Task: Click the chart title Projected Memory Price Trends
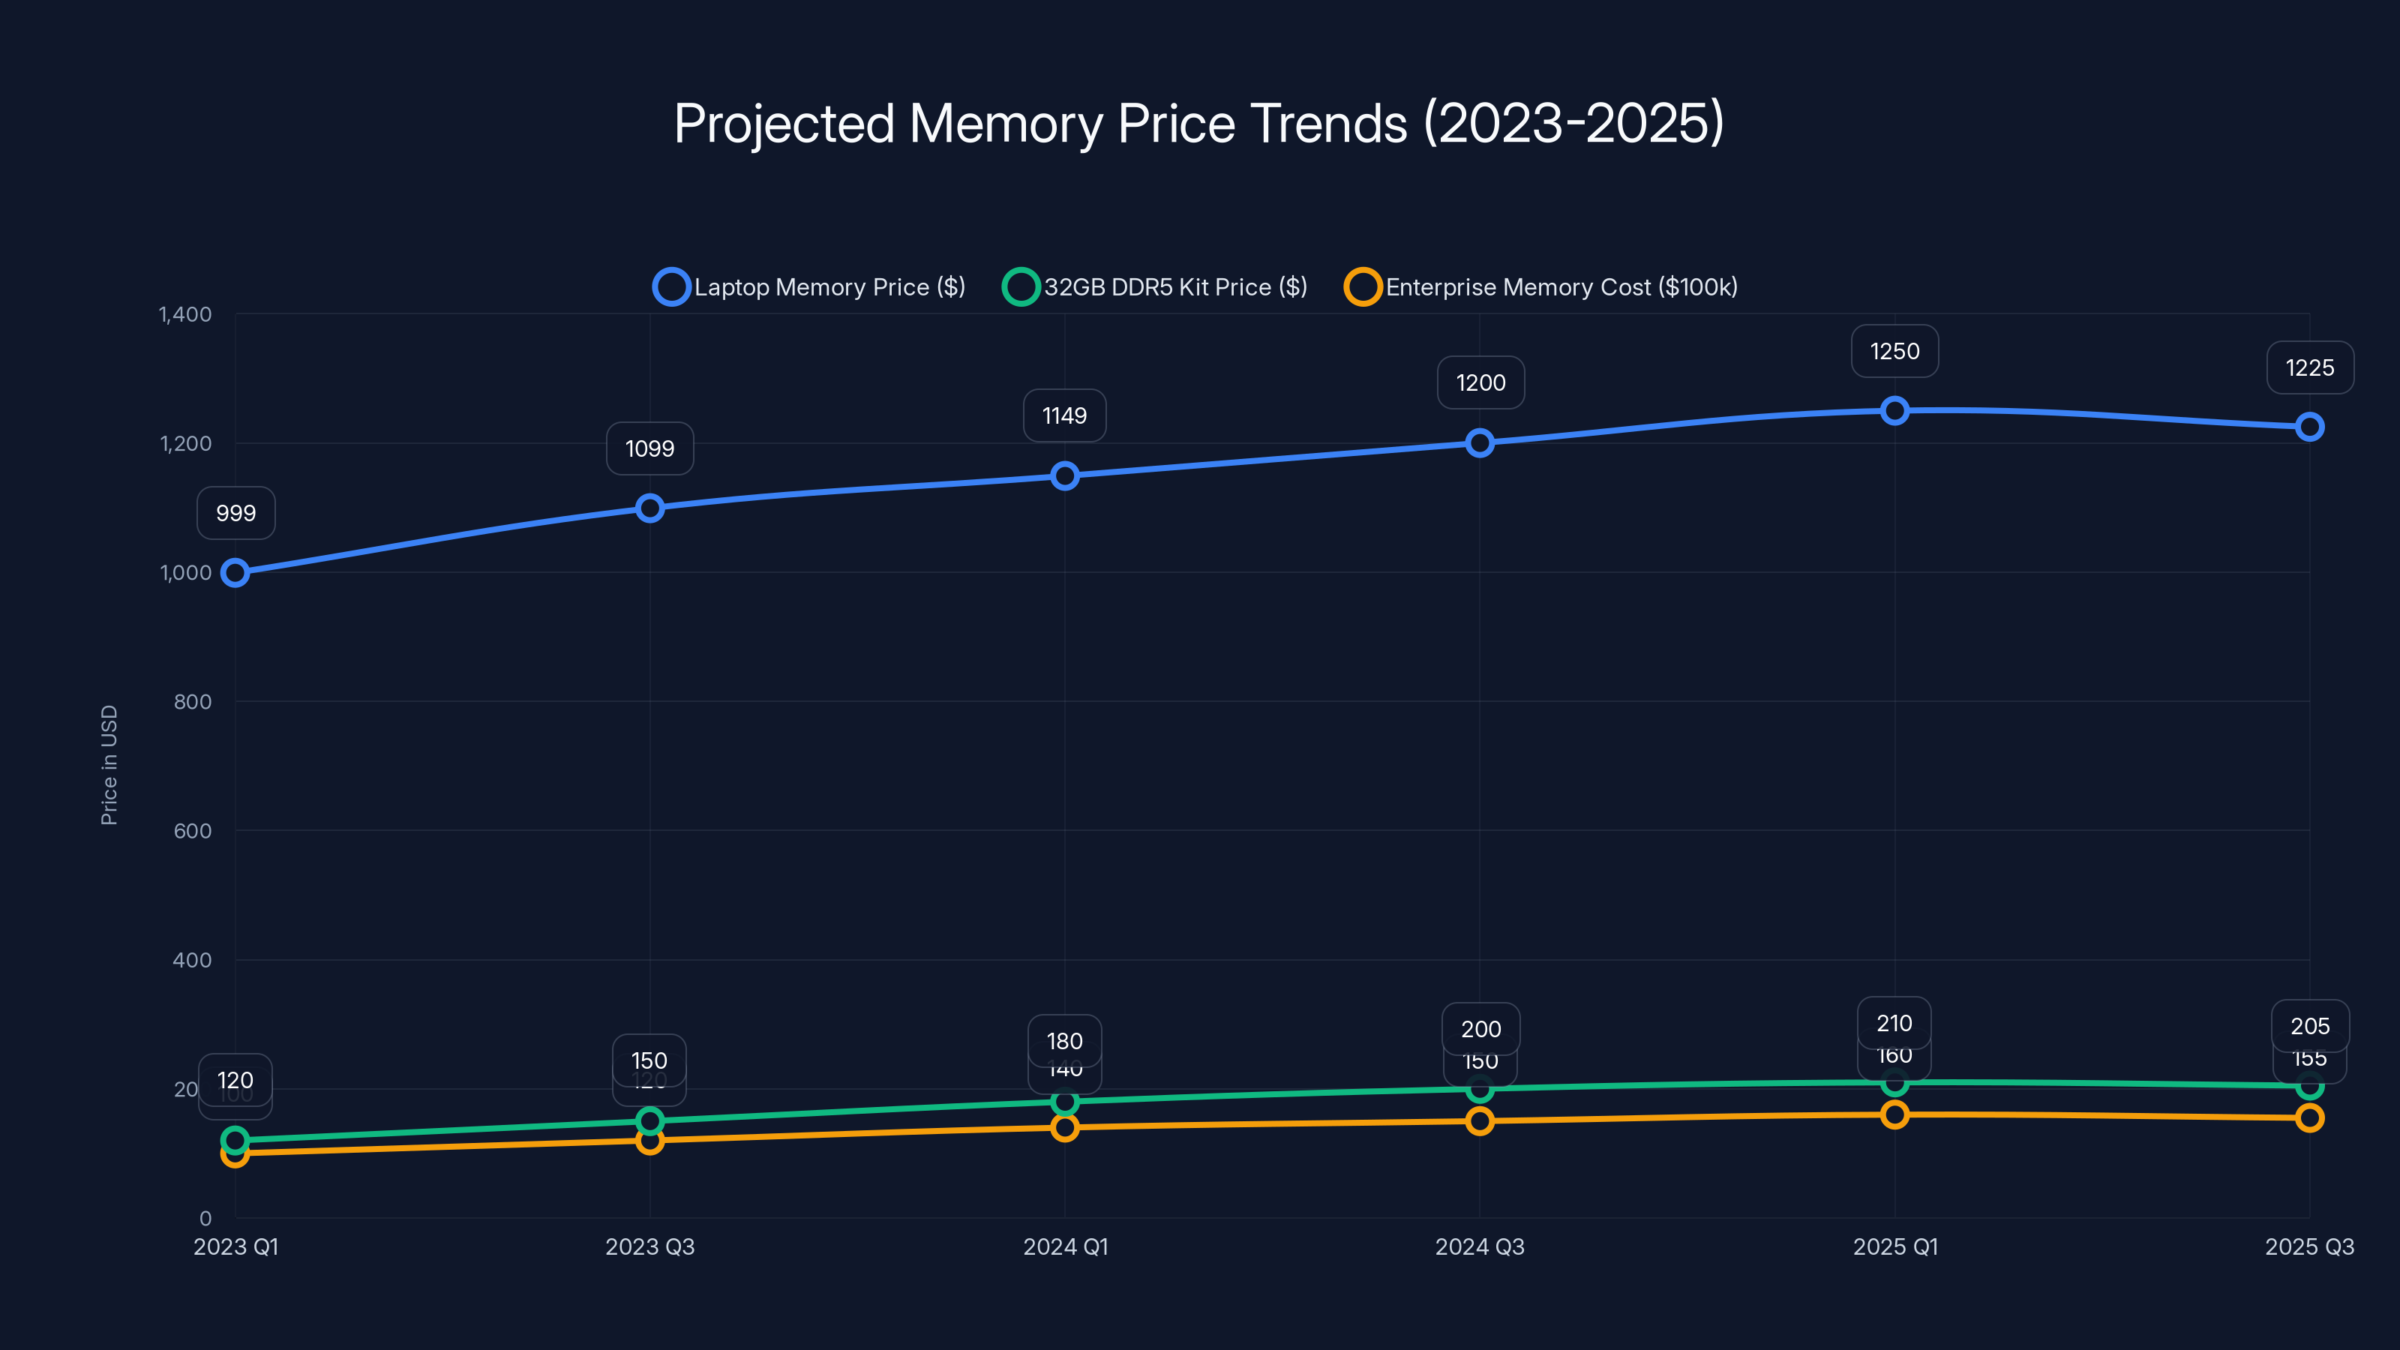(x=1199, y=124)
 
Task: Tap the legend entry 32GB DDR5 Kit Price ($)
(x=1155, y=287)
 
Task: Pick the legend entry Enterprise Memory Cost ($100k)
(x=1541, y=287)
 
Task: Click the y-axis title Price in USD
(x=109, y=764)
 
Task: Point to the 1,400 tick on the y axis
(x=185, y=314)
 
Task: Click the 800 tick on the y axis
(x=193, y=701)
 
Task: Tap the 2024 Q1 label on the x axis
(x=1065, y=1246)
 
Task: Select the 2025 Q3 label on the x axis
(x=2308, y=1246)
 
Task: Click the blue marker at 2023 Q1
(x=235, y=573)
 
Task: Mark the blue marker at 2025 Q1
(x=1894, y=411)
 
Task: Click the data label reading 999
(x=235, y=513)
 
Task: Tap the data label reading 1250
(x=1894, y=351)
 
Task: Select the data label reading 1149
(x=1065, y=415)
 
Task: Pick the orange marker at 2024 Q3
(x=1480, y=1120)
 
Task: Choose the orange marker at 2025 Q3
(x=2308, y=1118)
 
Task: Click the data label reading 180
(x=1065, y=1041)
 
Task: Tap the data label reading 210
(x=1894, y=1023)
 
